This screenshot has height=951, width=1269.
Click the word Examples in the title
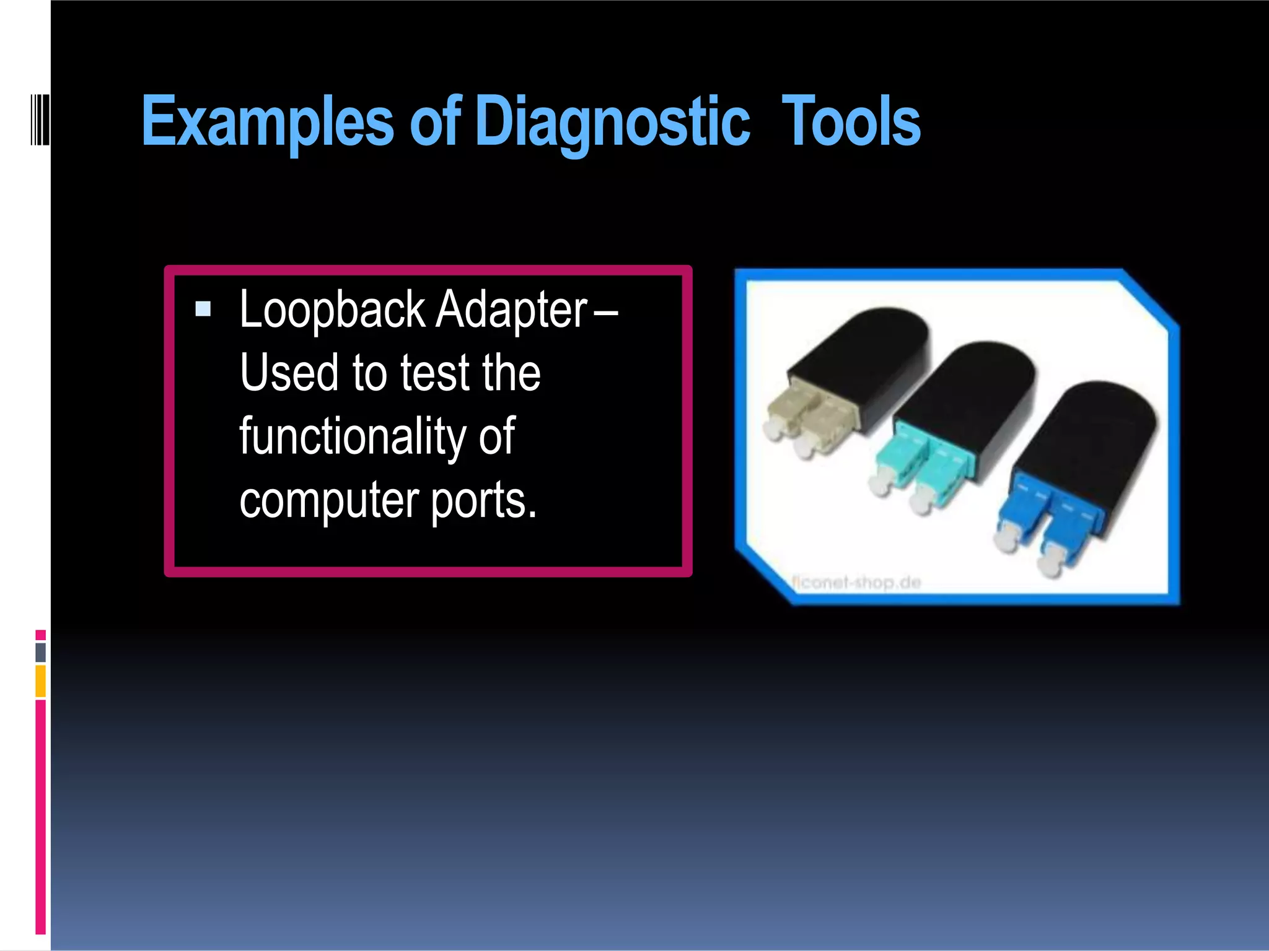tap(267, 121)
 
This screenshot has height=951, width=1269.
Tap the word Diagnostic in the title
tap(613, 121)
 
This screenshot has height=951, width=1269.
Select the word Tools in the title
tap(851, 121)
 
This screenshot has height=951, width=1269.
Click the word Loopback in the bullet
tap(332, 310)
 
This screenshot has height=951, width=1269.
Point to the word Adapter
tap(511, 310)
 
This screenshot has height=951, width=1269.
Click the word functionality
tap(352, 436)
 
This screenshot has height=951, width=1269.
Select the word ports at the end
tap(483, 500)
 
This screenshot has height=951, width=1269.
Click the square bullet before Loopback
tap(203, 308)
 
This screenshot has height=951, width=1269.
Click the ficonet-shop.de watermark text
tap(856, 582)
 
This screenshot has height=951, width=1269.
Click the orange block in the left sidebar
tap(41, 681)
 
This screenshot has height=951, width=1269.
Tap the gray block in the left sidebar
tap(41, 652)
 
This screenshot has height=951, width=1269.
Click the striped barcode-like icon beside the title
tap(40, 119)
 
